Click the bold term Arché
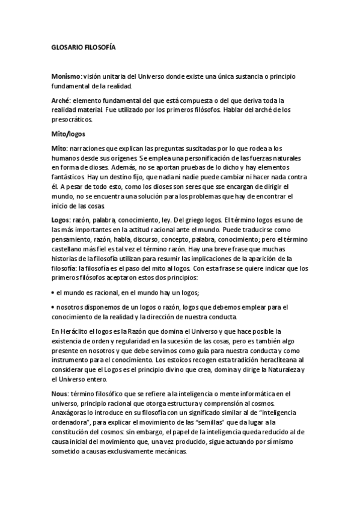61,100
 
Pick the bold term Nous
59,393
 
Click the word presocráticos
73,119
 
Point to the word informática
256,393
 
